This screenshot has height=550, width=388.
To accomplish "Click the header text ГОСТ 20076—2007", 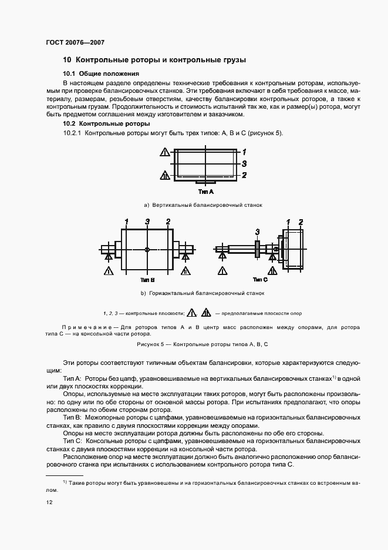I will click(x=75, y=42).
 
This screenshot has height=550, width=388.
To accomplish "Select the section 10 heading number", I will click(x=67, y=60).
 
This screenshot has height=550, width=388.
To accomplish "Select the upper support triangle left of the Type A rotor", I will click(x=164, y=152).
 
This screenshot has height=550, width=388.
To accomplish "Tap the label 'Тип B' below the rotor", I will click(x=147, y=280).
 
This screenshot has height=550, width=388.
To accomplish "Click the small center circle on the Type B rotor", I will click(x=147, y=250).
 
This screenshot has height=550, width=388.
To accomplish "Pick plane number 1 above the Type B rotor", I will click(x=126, y=221).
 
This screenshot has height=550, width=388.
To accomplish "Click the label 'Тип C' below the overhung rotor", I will click(x=260, y=280).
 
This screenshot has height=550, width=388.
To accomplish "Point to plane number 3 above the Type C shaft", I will click(x=257, y=232).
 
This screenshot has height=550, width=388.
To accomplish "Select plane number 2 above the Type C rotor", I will click(x=301, y=221).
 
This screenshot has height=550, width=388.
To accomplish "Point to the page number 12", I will click(x=49, y=502).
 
